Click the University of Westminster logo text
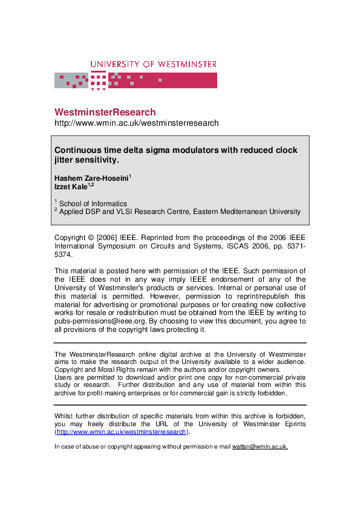153,64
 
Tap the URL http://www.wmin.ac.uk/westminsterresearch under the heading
136,123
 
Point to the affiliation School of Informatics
93,204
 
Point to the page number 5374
64,255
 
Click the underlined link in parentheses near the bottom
121,432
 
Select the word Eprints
291,424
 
